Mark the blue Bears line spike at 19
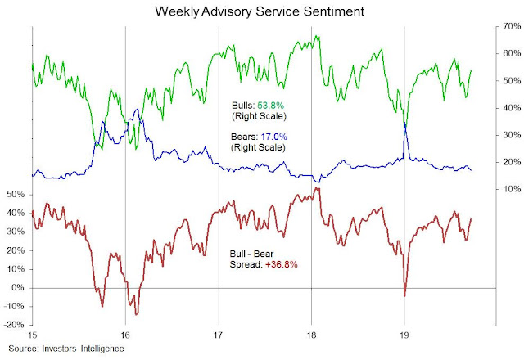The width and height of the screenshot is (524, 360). (x=405, y=124)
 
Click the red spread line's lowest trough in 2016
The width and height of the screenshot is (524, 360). (x=136, y=314)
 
